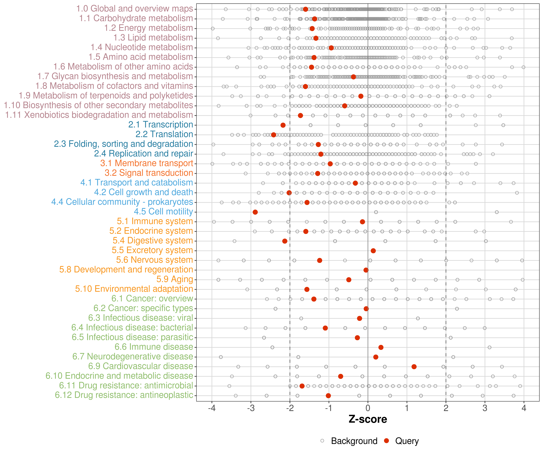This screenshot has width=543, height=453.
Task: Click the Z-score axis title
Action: tap(368, 419)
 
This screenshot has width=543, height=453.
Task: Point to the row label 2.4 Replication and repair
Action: tap(143, 154)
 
